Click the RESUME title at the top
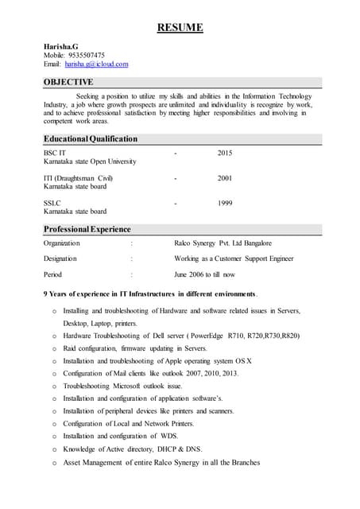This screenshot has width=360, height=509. point(180,29)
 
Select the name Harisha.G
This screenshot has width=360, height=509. point(62,47)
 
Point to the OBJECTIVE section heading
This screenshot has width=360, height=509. point(68,82)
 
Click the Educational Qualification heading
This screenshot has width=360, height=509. point(91,138)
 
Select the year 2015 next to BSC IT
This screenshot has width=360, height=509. point(225,152)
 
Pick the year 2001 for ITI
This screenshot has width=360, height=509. point(225,178)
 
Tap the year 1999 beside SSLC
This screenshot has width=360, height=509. point(225,204)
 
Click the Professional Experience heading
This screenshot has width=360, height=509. point(87,229)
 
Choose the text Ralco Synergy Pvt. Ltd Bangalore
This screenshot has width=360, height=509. point(223,243)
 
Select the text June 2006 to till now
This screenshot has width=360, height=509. point(204,274)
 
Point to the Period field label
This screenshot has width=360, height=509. point(52,274)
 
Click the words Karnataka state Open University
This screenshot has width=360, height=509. point(90,161)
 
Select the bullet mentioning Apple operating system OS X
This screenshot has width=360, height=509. point(157,361)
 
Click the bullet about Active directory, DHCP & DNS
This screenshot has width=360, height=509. point(133,449)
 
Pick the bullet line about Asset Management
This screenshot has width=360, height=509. point(161,462)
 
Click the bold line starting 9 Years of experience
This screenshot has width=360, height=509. point(150,294)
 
